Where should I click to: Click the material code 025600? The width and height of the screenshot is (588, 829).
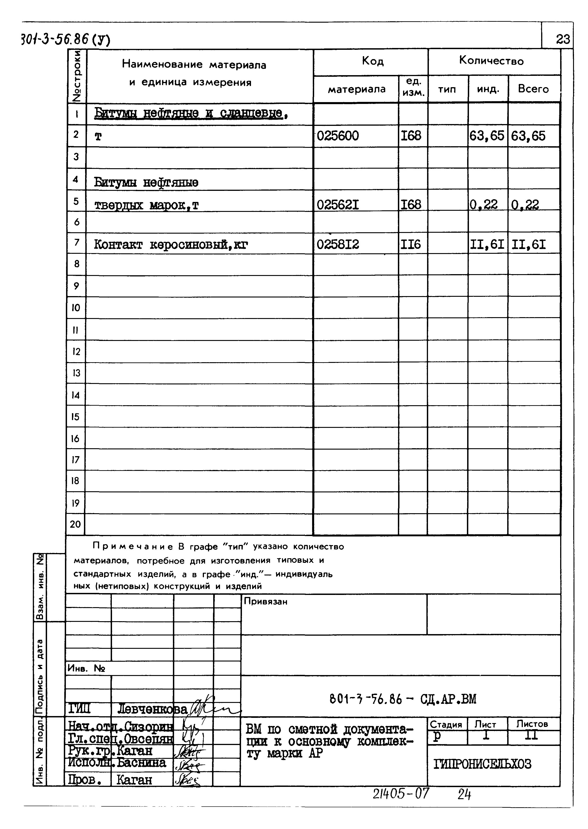coord(338,136)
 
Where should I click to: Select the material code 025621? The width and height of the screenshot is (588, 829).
coord(338,205)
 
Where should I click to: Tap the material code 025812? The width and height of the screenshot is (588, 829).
coord(338,245)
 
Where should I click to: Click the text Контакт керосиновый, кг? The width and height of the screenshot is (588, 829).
coord(171,245)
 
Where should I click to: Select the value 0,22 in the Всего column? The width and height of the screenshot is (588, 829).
coord(525,205)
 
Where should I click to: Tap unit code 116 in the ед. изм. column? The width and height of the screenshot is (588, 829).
coord(411,245)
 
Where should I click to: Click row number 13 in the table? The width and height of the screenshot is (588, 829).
coord(76,373)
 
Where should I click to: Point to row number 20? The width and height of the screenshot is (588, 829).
coord(75,524)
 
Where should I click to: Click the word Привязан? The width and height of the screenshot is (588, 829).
coord(265,601)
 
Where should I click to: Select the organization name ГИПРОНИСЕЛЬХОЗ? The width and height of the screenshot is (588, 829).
coord(482,764)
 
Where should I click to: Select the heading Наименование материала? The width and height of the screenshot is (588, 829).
coord(194,65)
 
